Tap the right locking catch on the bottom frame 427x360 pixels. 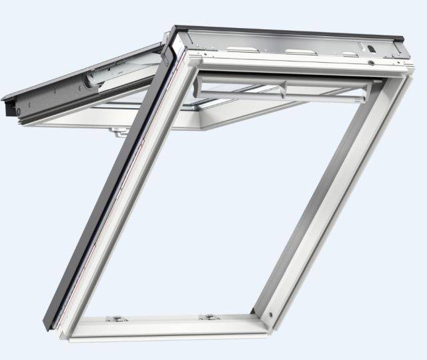210,317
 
